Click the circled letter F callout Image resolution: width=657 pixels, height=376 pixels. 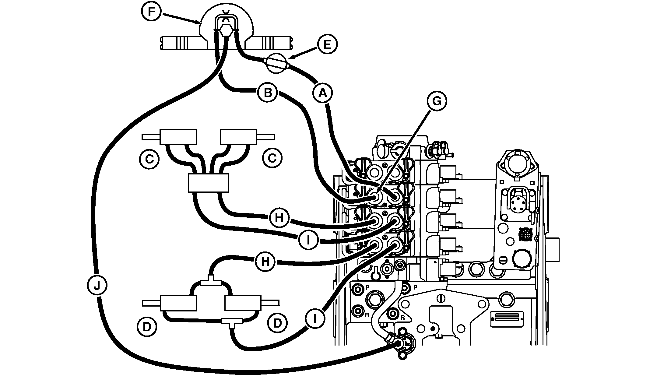(x=151, y=12)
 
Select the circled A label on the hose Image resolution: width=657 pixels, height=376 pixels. (x=322, y=93)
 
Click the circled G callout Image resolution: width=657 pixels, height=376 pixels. (x=437, y=101)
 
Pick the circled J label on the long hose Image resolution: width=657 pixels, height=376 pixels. (x=97, y=285)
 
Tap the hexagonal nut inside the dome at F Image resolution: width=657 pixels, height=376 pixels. (x=225, y=30)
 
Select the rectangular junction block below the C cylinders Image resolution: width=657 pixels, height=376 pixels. (x=208, y=183)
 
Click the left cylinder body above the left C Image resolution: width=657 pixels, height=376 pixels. (x=178, y=137)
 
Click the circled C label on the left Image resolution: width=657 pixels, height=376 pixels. (x=149, y=159)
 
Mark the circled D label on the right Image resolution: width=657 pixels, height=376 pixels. (x=277, y=323)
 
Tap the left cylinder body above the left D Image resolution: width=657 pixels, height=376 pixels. (x=178, y=303)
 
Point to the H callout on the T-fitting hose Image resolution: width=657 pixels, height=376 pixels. (x=265, y=262)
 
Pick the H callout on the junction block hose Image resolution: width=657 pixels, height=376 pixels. (x=279, y=218)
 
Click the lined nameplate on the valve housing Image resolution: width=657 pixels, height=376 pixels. (x=507, y=319)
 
